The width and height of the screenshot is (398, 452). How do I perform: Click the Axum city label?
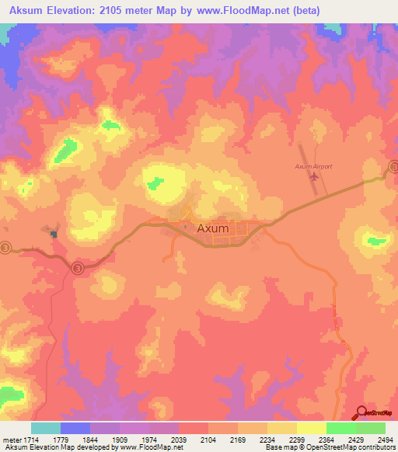point(213,229)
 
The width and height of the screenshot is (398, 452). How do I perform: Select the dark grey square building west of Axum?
point(54,233)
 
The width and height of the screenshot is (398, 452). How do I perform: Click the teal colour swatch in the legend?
point(46,428)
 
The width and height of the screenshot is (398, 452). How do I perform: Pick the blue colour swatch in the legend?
point(75,428)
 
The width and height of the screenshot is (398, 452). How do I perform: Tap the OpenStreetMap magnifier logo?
point(362,412)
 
